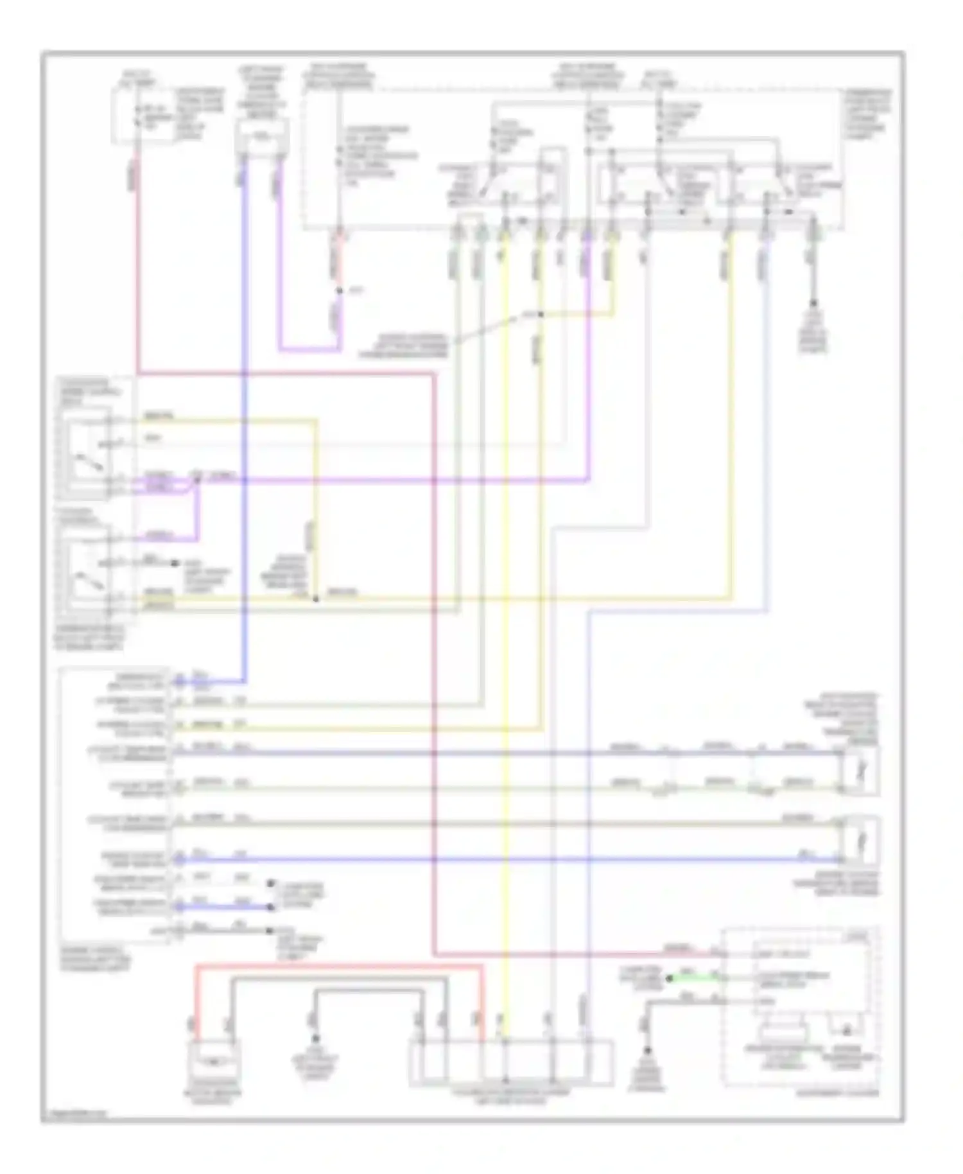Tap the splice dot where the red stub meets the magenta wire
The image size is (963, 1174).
(340, 291)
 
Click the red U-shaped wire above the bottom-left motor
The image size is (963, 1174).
(340, 965)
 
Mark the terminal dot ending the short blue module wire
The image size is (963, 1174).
(270, 907)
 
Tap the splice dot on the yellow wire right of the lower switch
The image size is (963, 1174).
(316, 599)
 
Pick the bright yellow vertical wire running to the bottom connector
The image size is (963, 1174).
(505, 642)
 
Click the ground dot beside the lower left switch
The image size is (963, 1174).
(173, 563)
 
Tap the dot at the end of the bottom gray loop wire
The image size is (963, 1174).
(315, 1039)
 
